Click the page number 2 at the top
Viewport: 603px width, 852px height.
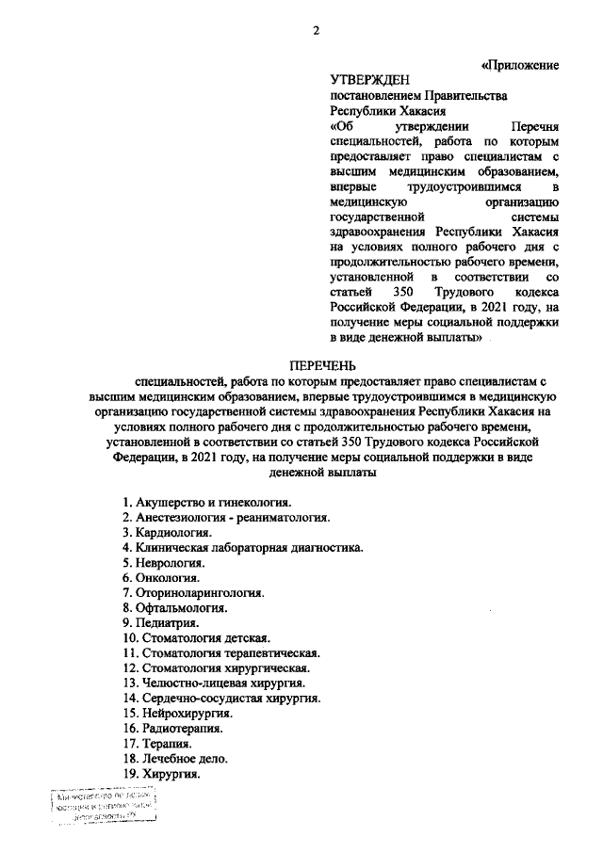317,30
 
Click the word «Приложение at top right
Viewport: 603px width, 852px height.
521,66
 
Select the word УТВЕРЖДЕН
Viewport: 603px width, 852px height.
370,81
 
